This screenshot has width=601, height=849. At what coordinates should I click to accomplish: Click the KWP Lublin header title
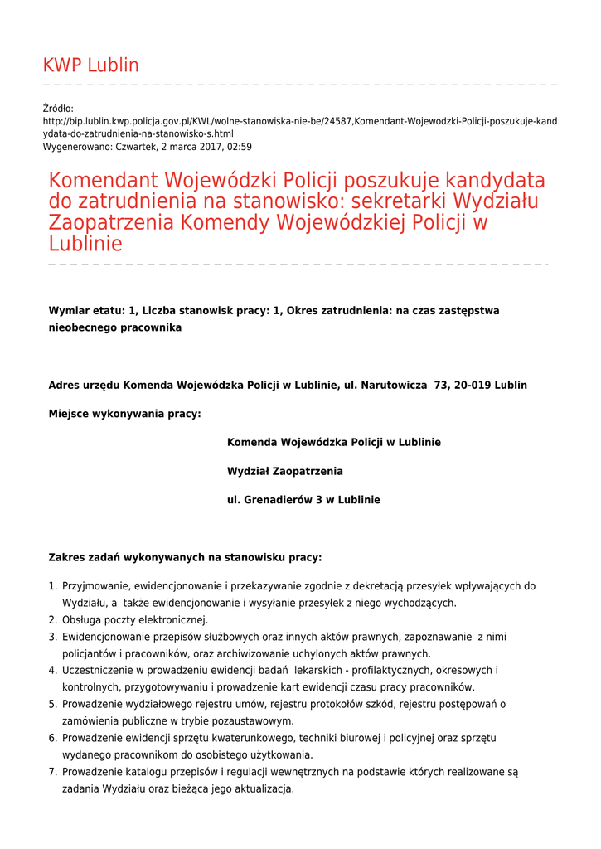(90, 65)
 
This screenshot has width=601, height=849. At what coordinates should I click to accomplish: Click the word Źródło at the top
(58, 109)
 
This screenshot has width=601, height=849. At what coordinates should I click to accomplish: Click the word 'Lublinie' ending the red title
(85, 244)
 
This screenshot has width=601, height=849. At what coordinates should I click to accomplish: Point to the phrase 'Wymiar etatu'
(85, 311)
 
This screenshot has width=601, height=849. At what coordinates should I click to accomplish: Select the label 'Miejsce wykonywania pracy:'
(124, 414)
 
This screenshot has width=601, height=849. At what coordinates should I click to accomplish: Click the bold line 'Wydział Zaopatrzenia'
(284, 471)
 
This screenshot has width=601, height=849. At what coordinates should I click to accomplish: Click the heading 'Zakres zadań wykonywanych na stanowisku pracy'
(185, 557)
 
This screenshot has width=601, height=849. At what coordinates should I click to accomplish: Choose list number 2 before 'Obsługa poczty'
(52, 620)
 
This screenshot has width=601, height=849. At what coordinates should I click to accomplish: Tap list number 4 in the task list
(52, 670)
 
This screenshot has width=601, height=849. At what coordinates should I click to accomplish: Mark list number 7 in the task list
(52, 772)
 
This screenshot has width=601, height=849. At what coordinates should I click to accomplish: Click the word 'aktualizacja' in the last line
(264, 788)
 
